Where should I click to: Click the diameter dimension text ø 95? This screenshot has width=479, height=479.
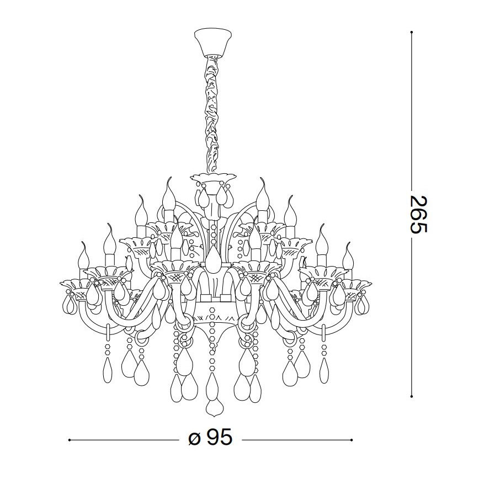(210, 438)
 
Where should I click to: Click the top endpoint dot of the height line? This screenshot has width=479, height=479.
(412, 32)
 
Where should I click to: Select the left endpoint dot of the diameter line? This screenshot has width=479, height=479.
(69, 440)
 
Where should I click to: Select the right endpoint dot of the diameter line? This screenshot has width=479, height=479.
(352, 440)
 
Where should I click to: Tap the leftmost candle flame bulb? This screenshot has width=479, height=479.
(84, 255)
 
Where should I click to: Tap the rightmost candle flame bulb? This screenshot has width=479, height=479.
(348, 255)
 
